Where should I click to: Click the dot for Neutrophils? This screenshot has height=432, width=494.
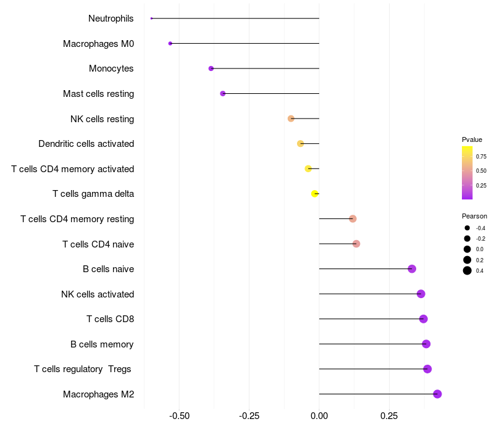pos(151,19)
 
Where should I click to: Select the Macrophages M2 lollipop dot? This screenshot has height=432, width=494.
pos(437,394)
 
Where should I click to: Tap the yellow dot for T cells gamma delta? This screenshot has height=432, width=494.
pos(315,194)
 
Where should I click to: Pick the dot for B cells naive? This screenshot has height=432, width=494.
pos(412,268)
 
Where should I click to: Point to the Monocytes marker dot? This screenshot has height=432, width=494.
pos(211,69)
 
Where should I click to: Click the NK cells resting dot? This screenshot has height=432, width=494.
pos(291,118)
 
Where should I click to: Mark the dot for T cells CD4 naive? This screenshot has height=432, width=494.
pos(356,244)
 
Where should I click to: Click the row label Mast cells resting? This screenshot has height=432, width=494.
pos(98,94)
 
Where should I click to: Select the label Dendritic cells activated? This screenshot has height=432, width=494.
pos(86,144)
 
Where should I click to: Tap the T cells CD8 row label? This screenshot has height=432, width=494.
pos(110,319)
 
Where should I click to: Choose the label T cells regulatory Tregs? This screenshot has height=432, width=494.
pos(83,369)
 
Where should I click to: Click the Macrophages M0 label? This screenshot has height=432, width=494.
pos(98,44)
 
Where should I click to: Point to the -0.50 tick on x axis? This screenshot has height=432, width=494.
pos(179,416)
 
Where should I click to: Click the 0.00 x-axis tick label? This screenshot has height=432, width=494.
pos(319,416)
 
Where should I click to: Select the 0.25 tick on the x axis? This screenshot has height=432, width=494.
pos(388,416)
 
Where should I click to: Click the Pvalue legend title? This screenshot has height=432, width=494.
pos(472,139)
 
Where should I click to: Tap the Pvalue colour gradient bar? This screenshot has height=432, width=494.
pos(467,173)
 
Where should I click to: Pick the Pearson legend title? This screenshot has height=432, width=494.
pos(474,216)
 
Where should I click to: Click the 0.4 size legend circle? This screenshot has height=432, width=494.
pos(467,270)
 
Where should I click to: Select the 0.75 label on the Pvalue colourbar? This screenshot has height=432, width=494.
pos(481,157)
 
